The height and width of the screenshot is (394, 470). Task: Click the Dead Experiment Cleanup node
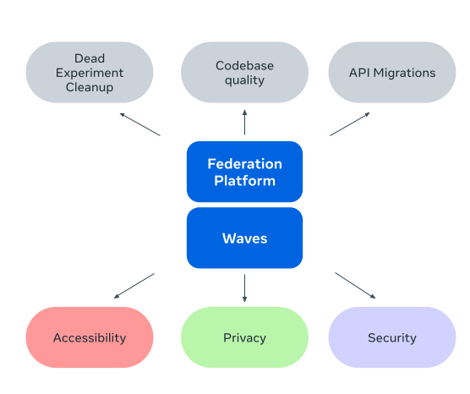pos(90,72)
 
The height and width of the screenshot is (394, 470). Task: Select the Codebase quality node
pos(244,72)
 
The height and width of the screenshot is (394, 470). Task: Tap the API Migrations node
pos(392,72)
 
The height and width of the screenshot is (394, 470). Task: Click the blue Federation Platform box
pos(244,172)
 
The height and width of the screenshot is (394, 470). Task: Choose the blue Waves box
pos(244,238)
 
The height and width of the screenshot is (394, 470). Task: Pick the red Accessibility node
pos(90,337)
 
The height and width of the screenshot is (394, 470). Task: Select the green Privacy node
pos(244,337)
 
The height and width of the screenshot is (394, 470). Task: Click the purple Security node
pos(392,337)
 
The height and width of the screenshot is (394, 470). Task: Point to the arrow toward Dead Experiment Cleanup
pos(140,124)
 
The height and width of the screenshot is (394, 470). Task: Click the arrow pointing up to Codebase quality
pos(244,122)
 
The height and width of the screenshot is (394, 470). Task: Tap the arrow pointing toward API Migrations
pos(350,124)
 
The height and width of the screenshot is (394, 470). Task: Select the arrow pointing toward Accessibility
pos(134,286)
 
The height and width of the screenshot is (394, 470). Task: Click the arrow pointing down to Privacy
pos(244,287)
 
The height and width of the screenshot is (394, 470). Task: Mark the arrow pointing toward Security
pos(355,286)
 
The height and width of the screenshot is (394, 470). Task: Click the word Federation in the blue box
pos(244,164)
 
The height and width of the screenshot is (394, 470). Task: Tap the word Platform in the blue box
pos(244,181)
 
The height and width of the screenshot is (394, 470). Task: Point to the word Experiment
pos(90,73)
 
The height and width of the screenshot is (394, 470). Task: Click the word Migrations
pos(404,73)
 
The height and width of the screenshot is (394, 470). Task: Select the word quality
pos(244,80)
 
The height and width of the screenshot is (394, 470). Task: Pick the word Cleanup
pos(90,87)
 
